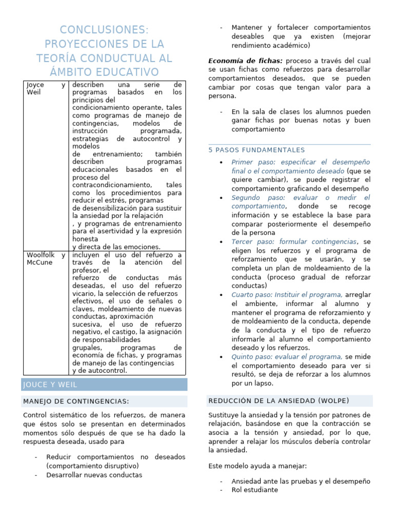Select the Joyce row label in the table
pos(35,85)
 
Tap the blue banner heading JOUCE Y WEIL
pos(49,385)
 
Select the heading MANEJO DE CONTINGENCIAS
pos(76,401)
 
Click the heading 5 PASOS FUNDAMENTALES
pos(257,150)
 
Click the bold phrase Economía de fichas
pos(245,61)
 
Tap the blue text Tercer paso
pos(251,241)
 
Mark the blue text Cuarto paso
pos(252,295)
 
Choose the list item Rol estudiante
pos(254,490)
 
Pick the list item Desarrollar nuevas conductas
pos(94,475)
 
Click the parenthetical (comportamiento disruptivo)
pos(92,466)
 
